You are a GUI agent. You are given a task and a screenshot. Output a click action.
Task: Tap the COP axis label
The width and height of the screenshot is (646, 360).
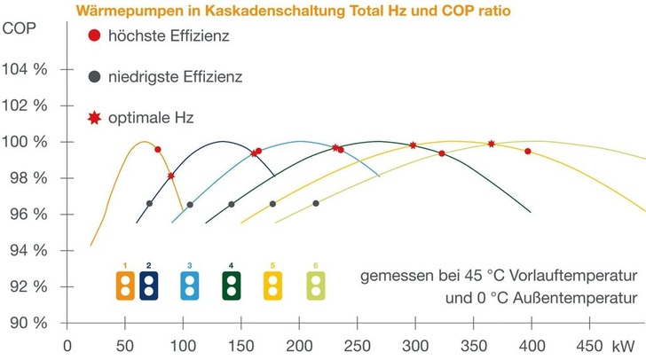click(x=20, y=27)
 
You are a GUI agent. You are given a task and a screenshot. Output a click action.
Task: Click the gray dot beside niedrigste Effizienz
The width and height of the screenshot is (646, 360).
click(x=95, y=77)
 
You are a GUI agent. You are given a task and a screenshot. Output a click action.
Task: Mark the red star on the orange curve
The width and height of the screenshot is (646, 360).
click(x=171, y=176)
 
